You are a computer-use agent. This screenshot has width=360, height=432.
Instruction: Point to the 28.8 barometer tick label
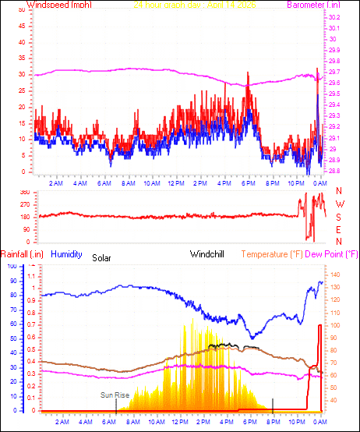(x=334, y=171)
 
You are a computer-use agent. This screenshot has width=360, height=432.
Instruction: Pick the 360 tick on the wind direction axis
(x=23, y=191)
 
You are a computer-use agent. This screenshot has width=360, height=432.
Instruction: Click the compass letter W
(x=339, y=204)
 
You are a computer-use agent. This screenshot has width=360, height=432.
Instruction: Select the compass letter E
(x=339, y=229)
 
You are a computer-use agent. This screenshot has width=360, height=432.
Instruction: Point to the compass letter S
(x=339, y=217)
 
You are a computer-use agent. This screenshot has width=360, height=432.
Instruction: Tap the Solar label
(x=101, y=257)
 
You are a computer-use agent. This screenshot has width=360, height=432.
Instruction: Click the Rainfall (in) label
(x=21, y=253)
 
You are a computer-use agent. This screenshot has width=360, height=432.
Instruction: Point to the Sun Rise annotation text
(x=114, y=395)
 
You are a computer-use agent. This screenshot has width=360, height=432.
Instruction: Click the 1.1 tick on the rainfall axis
(x=31, y=276)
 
